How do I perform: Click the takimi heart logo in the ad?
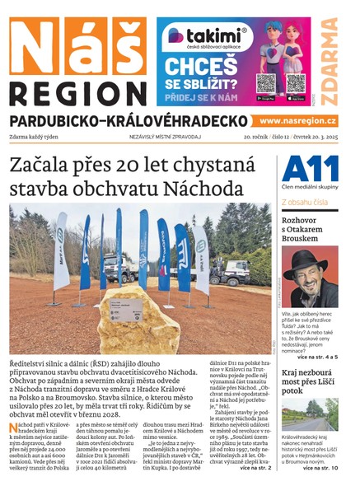175,35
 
